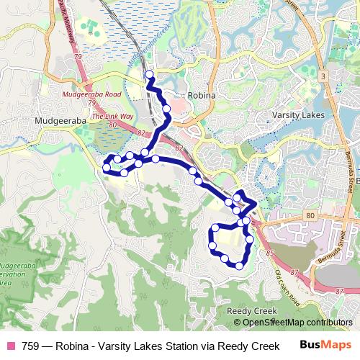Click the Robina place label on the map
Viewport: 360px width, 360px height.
point(202,94)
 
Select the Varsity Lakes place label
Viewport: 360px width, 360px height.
point(298,115)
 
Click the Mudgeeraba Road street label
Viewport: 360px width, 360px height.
point(91,94)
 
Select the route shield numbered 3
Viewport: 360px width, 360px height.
point(325,76)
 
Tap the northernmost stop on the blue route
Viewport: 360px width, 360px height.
point(150,74)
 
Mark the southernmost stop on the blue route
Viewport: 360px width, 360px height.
point(239,266)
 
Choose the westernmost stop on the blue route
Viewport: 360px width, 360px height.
point(107,168)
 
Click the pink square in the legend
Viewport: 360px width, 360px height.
point(12,346)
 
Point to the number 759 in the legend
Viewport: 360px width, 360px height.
point(30,346)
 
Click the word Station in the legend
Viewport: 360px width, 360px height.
point(176,346)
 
